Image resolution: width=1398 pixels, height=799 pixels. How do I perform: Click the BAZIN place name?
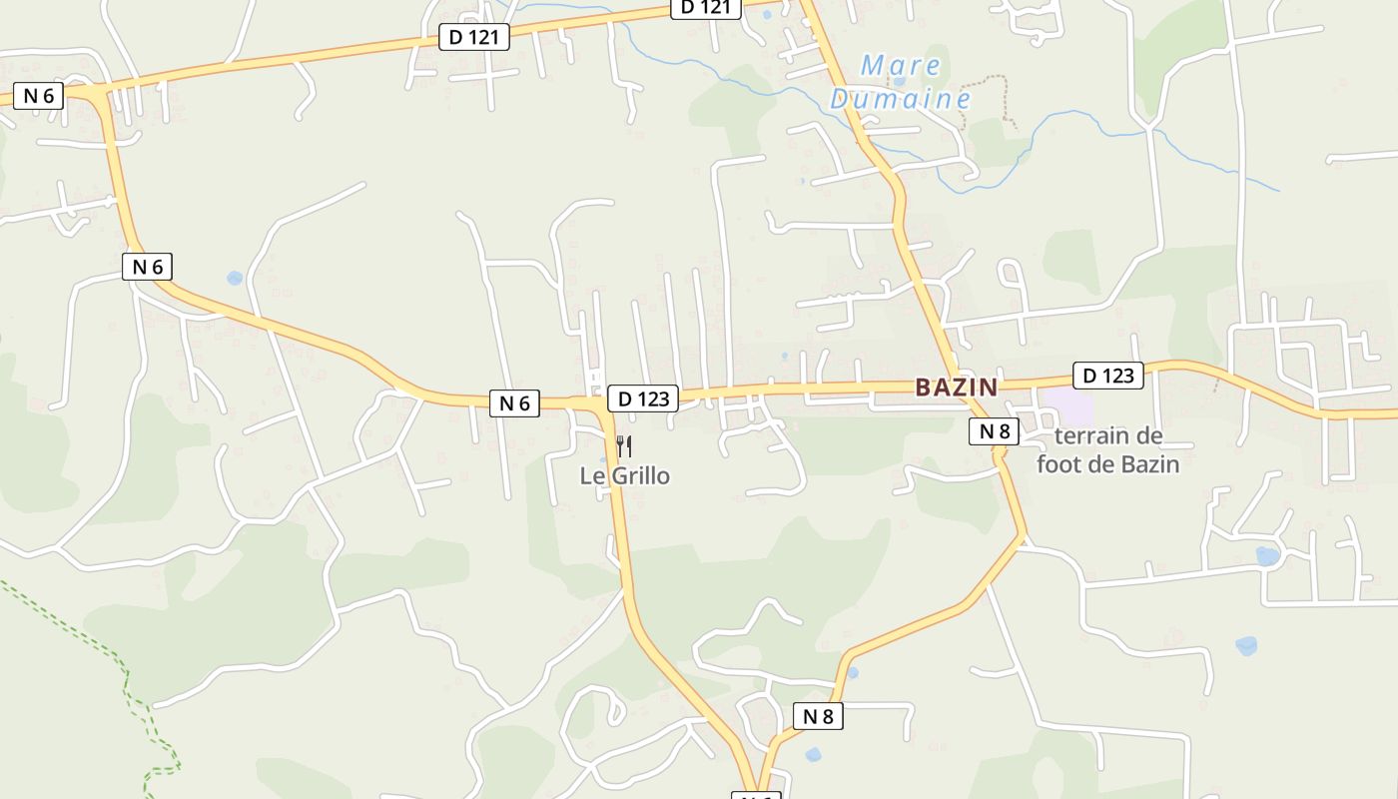tap(956, 388)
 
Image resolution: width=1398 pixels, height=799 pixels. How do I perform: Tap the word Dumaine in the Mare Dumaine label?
tap(901, 99)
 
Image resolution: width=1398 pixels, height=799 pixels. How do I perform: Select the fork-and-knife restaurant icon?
tap(624, 446)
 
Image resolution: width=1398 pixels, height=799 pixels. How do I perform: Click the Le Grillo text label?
tap(625, 475)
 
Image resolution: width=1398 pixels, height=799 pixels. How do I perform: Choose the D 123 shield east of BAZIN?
tap(1108, 376)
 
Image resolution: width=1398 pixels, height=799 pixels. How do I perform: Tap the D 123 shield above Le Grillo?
tap(643, 399)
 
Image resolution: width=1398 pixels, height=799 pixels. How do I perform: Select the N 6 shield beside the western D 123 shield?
tap(514, 403)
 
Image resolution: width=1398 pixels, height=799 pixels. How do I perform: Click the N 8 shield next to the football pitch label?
tap(994, 431)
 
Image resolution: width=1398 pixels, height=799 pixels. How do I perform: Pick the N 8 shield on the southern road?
tap(818, 716)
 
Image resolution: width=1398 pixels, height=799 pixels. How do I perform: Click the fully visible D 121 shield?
tap(474, 38)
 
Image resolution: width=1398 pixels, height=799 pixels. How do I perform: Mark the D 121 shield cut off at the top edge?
tap(705, 8)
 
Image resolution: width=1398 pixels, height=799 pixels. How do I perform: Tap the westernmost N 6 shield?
tap(39, 96)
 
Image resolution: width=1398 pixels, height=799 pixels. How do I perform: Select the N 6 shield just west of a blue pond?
tap(147, 267)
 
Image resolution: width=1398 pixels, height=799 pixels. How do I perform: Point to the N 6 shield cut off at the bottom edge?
tap(755, 795)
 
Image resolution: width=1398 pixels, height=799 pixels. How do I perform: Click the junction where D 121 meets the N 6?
tap(96, 92)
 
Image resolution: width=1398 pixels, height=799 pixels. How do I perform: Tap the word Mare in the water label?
tap(901, 66)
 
